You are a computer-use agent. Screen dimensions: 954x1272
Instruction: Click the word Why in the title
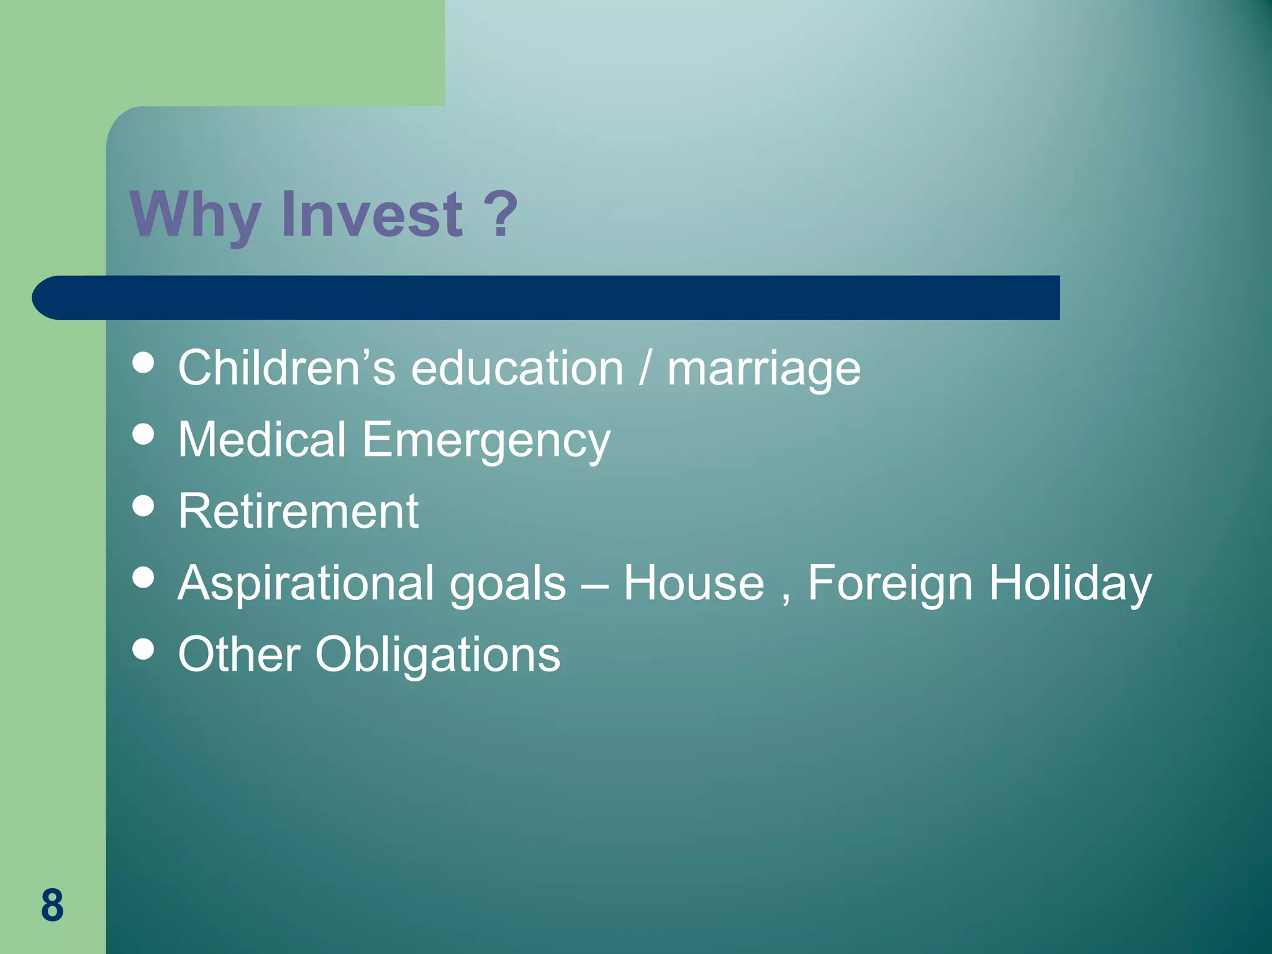coord(194,214)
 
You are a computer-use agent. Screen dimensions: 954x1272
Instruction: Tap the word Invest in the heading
coord(372,214)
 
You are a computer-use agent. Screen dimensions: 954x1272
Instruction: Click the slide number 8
coord(52,905)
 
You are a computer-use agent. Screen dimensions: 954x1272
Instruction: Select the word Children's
coord(286,368)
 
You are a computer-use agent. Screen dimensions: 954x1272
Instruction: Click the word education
coord(517,368)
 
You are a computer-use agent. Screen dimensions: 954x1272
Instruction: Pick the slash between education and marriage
coord(645,368)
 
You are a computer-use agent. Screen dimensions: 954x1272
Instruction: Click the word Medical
coord(261,439)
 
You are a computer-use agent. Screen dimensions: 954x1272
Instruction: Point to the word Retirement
coord(298,511)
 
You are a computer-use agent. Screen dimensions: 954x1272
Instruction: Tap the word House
coord(693,583)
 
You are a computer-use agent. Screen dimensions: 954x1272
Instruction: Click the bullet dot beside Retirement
coord(143,506)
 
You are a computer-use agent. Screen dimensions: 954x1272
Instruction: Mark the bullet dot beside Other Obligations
coord(143,649)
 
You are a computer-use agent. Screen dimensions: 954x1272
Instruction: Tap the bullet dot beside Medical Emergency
coord(143,434)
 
